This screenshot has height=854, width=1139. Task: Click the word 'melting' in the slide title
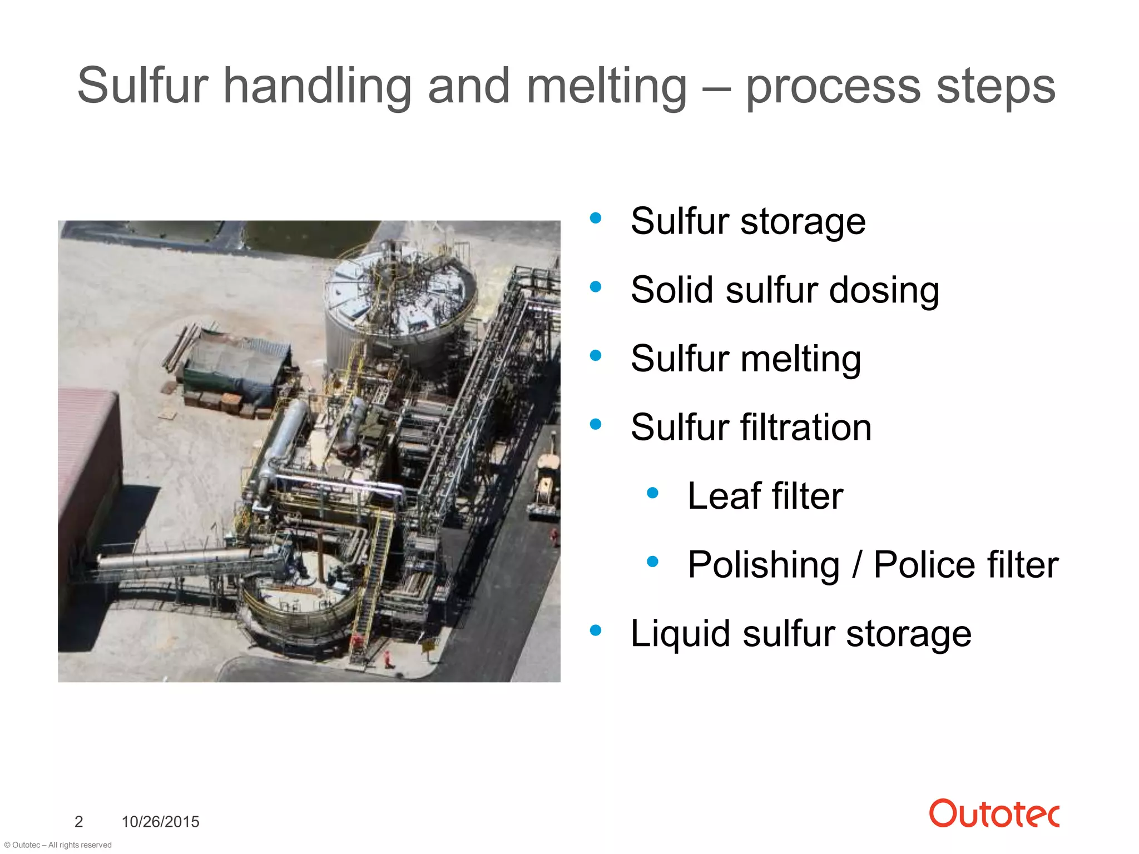click(x=606, y=86)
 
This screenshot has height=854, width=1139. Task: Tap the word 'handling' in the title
click(x=317, y=86)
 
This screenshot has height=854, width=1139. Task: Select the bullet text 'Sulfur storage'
click(x=748, y=221)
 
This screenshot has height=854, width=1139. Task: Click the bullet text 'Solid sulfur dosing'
click(x=785, y=290)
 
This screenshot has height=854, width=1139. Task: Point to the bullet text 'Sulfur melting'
click(x=746, y=359)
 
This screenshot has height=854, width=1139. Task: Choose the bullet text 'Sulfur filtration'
click(x=751, y=428)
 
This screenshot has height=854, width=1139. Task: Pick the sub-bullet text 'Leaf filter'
click(x=765, y=496)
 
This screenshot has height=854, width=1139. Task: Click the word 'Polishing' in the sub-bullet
click(x=763, y=565)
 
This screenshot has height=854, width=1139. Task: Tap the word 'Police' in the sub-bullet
click(x=924, y=565)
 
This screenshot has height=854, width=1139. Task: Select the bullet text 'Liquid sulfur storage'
click(x=801, y=633)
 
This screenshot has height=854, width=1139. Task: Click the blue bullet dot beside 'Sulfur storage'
click(x=596, y=218)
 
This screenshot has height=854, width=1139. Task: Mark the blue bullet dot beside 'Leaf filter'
click(x=653, y=493)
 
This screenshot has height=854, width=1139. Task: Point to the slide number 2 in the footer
click(x=79, y=821)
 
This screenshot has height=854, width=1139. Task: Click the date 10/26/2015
click(x=160, y=821)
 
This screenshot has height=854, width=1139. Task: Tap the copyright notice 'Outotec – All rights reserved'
click(x=58, y=845)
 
